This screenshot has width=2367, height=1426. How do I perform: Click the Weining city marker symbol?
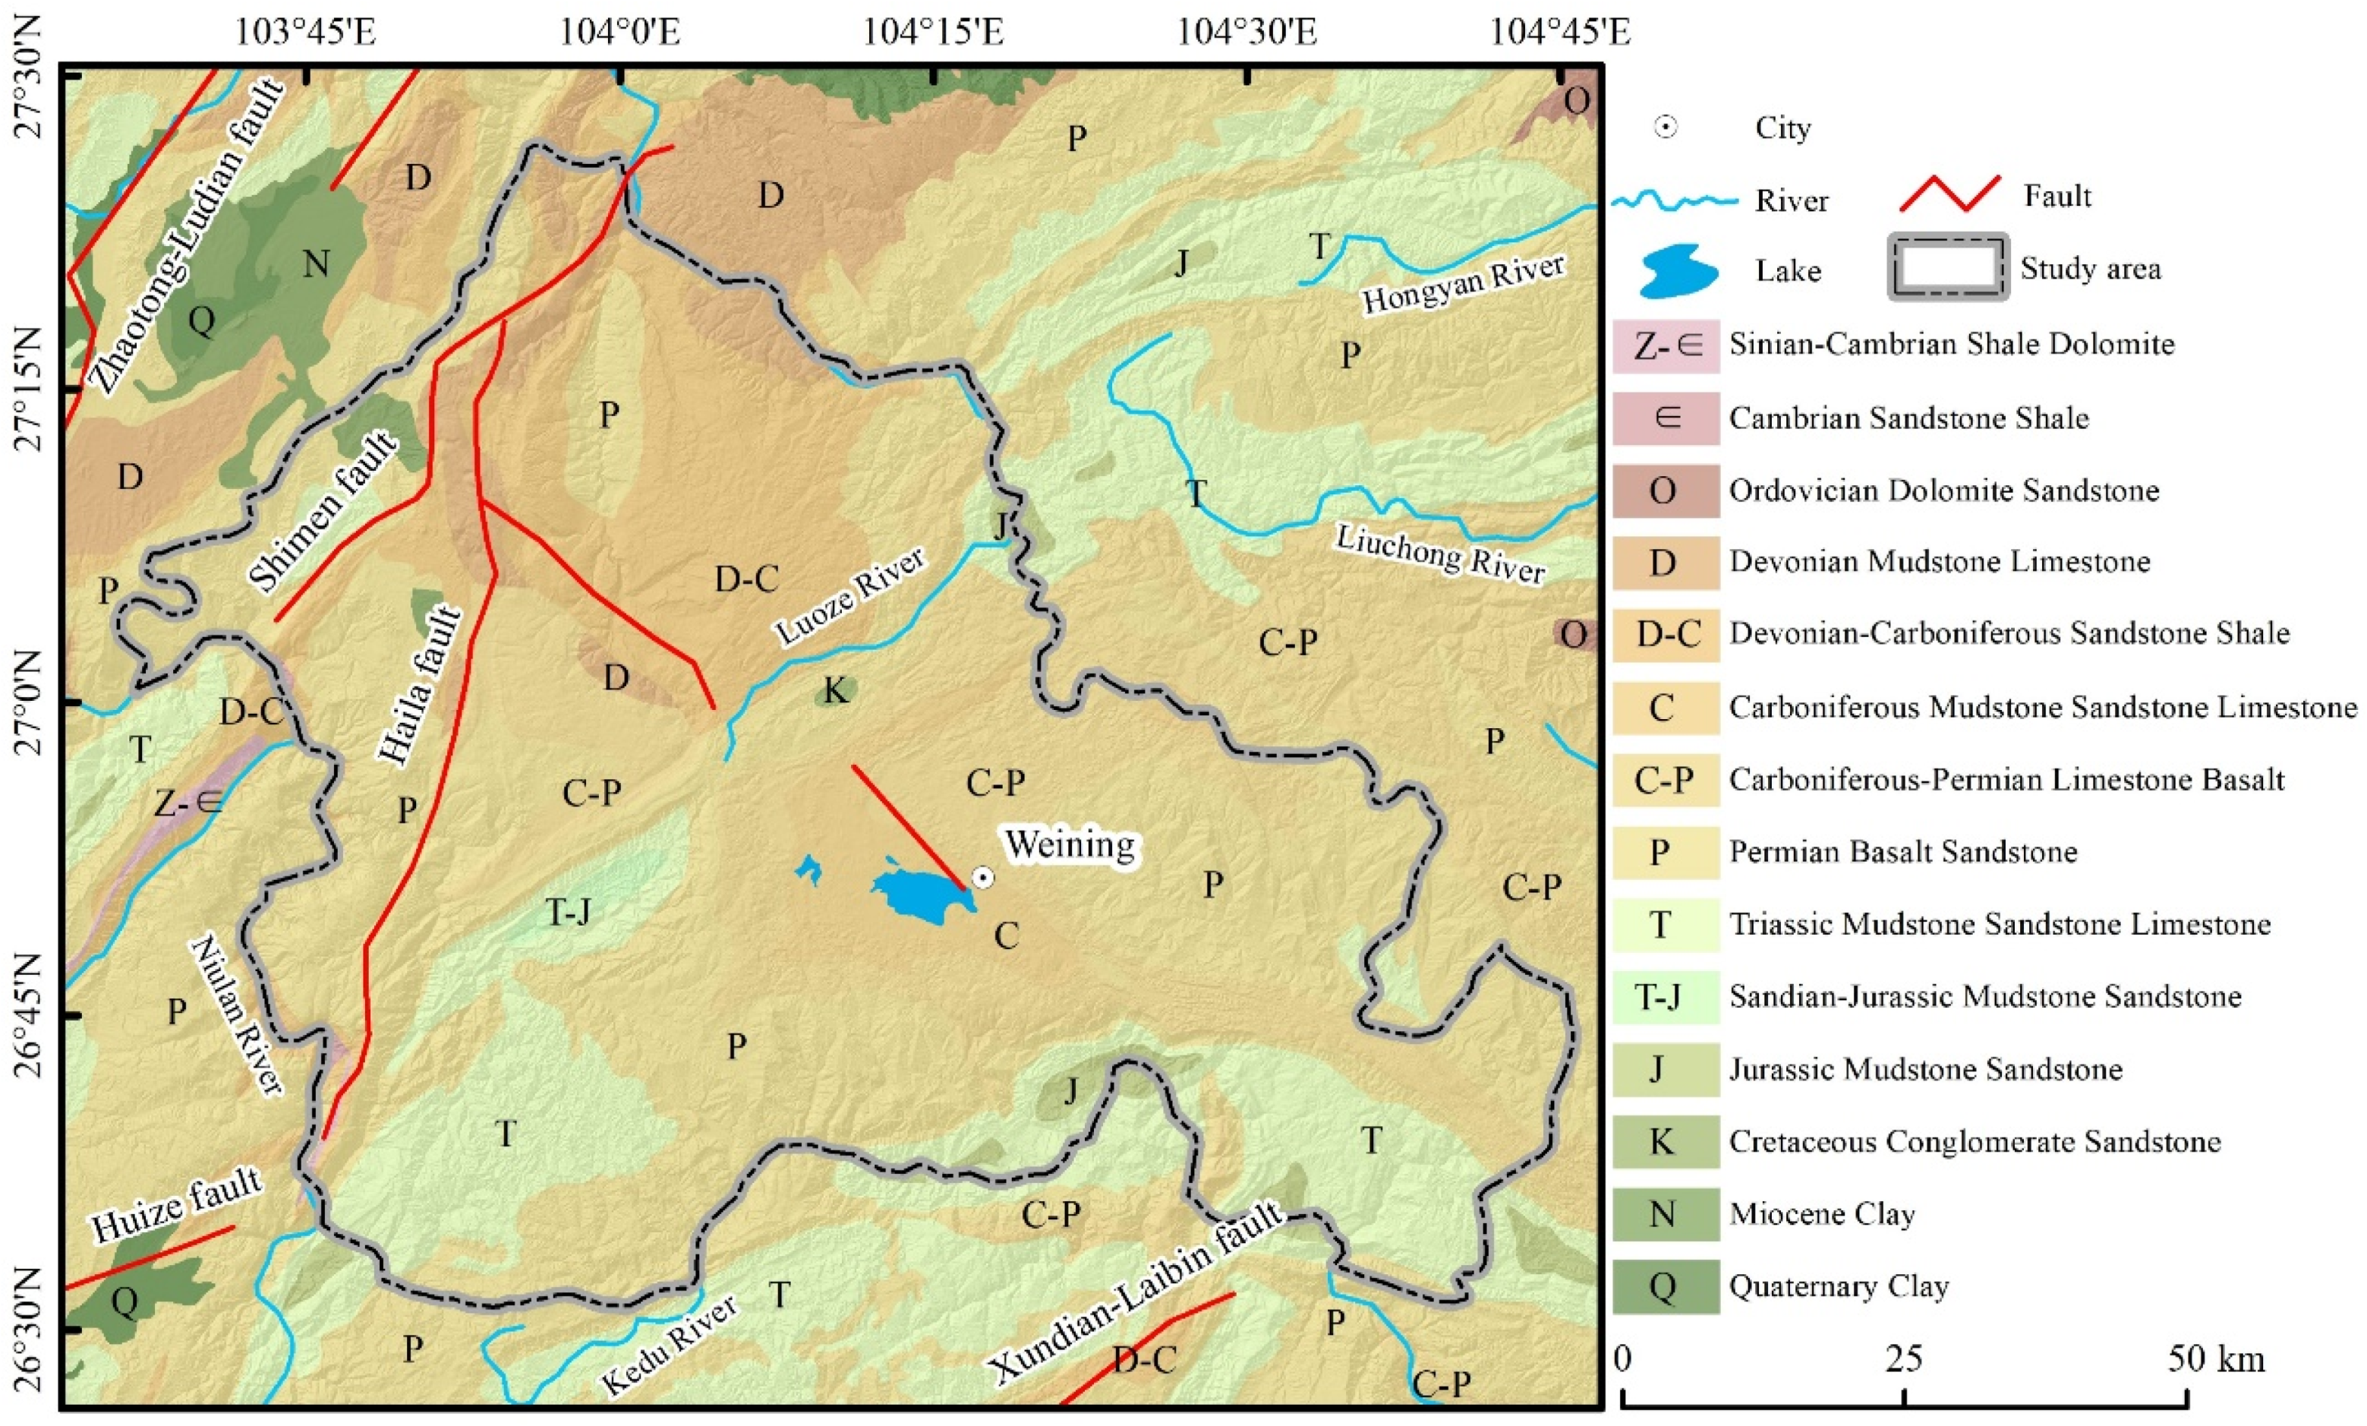[x=982, y=877]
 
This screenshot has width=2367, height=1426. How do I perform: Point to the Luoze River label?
[x=850, y=597]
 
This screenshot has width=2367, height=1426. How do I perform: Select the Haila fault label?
[x=420, y=686]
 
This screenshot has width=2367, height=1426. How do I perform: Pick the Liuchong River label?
[x=1440, y=555]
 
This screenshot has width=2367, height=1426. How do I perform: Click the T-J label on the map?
[x=569, y=912]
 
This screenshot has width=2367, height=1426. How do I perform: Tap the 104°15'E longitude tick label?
[x=933, y=32]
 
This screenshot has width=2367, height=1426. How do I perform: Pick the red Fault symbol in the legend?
[x=1950, y=194]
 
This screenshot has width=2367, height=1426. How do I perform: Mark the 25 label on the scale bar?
[x=1903, y=1358]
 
